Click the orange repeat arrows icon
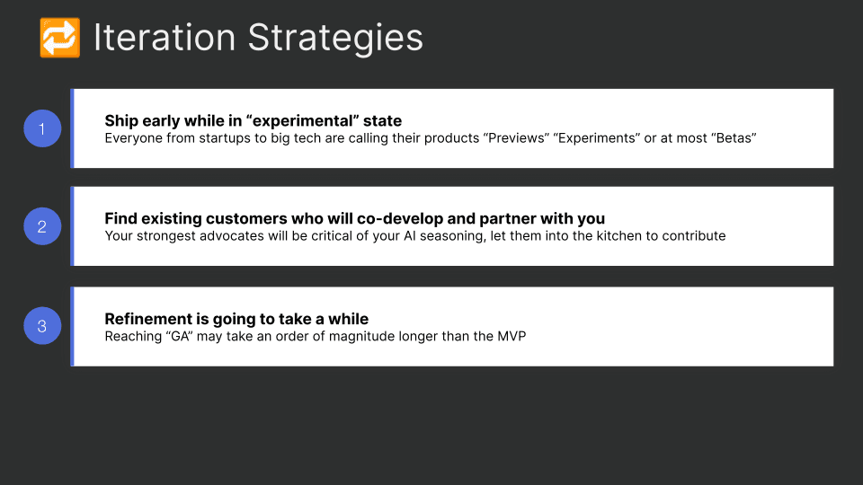click(60, 38)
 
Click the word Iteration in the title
click(165, 38)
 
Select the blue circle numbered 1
click(41, 128)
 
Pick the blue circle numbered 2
click(41, 226)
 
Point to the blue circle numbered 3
click(41, 326)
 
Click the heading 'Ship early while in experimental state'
click(253, 120)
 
